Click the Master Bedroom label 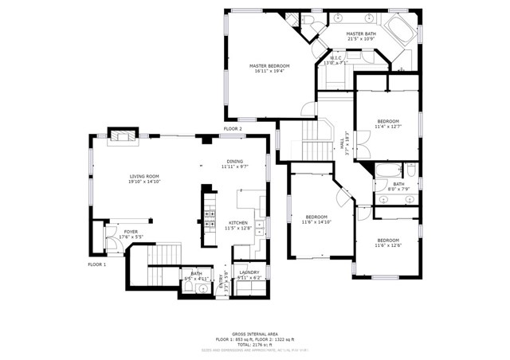(269, 65)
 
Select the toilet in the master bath (292, 19)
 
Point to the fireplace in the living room (123, 135)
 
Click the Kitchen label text (238, 223)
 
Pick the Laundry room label (249, 272)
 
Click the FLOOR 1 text (96, 264)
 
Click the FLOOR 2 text (233, 129)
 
